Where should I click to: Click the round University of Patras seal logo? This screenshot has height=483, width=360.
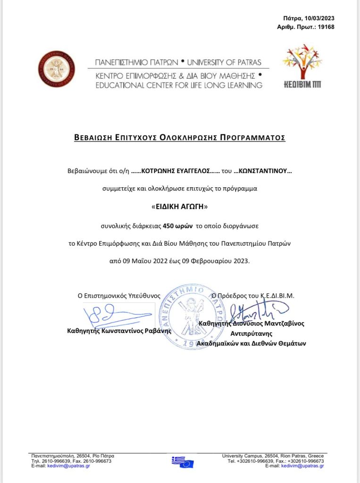(57, 69)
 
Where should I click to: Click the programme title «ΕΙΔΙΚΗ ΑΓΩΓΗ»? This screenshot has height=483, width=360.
(180, 207)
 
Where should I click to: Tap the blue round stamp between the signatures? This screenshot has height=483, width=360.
(188, 316)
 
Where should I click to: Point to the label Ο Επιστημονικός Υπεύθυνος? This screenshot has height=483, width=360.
(119, 296)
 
